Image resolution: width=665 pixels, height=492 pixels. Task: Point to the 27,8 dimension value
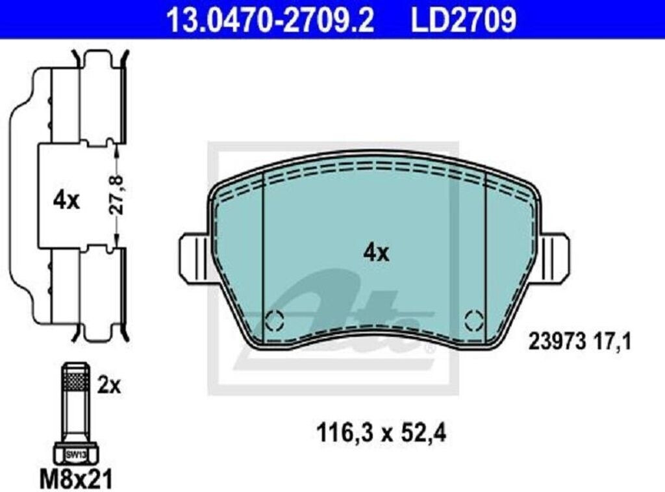tap(118, 194)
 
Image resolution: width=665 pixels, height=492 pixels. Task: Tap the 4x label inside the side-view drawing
tap(66, 201)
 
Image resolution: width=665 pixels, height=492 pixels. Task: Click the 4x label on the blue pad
tap(376, 253)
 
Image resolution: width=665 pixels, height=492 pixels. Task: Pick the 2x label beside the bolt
tap(109, 386)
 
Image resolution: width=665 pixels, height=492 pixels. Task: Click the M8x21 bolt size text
tap(77, 479)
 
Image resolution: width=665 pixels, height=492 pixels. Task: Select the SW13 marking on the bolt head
tap(77, 455)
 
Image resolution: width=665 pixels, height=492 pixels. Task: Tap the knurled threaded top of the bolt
tap(77, 376)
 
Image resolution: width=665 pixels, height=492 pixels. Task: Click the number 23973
tap(557, 341)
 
